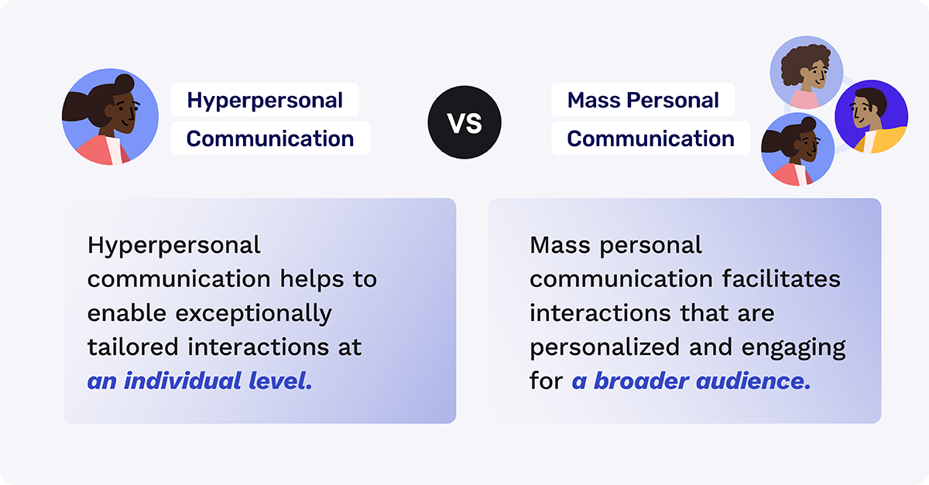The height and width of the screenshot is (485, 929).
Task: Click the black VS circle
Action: [x=464, y=122]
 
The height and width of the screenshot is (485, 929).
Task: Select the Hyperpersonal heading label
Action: [x=265, y=101]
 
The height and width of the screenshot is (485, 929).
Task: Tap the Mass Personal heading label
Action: [x=643, y=101]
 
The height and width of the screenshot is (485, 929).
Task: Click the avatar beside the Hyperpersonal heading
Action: [x=110, y=117]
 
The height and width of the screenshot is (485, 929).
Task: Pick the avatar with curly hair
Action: [x=806, y=72]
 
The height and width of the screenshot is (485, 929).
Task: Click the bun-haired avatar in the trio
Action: [x=797, y=150]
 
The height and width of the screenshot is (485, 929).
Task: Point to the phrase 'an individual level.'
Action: [x=200, y=381]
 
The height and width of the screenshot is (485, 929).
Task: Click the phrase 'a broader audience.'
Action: [x=691, y=381]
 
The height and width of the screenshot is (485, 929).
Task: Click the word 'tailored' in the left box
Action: [x=132, y=347]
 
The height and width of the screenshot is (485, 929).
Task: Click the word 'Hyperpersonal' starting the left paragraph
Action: [x=174, y=245]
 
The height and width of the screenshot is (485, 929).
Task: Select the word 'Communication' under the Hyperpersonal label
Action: [x=270, y=139]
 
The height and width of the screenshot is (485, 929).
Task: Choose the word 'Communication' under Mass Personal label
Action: [x=650, y=139]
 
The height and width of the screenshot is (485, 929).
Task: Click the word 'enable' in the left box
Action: [x=127, y=313]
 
